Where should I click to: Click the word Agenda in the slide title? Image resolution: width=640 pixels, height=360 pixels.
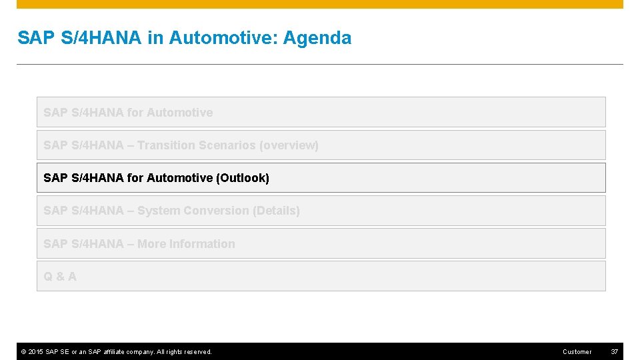coord(317,39)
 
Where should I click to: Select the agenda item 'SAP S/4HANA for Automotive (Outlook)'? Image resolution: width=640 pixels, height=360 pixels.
coord(156,178)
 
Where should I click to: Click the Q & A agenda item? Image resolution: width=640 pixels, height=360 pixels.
coord(60,276)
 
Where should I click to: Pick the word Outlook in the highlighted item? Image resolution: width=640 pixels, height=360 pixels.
coord(243,178)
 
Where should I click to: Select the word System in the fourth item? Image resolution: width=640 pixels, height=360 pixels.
coord(159,211)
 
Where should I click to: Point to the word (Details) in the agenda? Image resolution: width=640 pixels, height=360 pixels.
coord(276,211)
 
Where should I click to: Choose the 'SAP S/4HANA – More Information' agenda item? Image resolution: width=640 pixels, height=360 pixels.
coord(139,244)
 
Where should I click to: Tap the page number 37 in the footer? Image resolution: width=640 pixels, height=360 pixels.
coord(614,351)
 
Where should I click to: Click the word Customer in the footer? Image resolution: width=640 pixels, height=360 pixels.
coord(577,351)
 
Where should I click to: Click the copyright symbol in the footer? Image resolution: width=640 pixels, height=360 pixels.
coord(23,351)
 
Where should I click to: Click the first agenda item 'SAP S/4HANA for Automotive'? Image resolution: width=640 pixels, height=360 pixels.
coord(128,113)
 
